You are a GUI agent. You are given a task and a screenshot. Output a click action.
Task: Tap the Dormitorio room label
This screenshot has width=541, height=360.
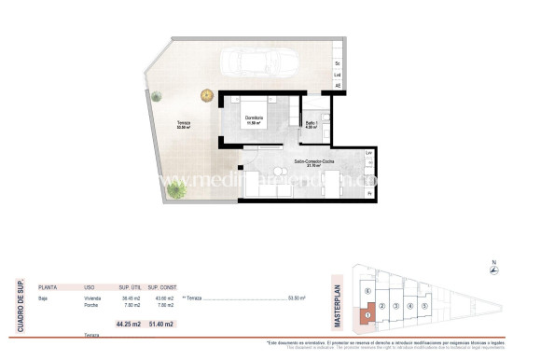pyautogui.click(x=255, y=119)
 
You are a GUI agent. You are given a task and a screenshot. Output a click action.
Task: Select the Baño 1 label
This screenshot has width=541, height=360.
pyautogui.click(x=312, y=125)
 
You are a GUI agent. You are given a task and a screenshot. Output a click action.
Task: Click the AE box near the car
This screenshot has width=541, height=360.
pyautogui.click(x=338, y=86)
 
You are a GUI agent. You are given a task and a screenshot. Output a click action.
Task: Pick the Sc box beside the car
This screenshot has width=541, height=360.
pyautogui.click(x=338, y=63)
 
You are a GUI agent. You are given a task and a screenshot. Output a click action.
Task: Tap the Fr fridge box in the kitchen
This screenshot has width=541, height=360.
pyautogui.click(x=370, y=193)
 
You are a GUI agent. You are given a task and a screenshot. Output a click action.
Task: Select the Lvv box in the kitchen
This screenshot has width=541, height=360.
pyautogui.click(x=370, y=152)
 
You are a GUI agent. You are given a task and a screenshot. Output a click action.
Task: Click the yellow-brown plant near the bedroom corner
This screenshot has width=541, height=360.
pyautogui.click(x=206, y=93)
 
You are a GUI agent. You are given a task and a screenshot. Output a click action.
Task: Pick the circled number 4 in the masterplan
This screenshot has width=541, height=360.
pyautogui.click(x=409, y=306)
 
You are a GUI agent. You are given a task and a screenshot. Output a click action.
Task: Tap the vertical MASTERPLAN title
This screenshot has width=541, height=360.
pyautogui.click(x=338, y=302)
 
